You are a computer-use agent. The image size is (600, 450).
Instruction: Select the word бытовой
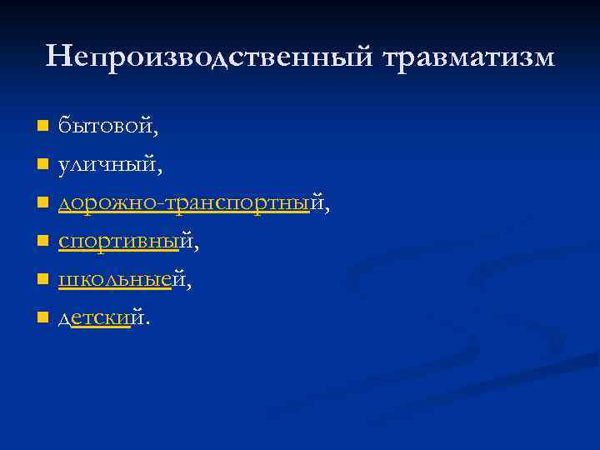(107, 127)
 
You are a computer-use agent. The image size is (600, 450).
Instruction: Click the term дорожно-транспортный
(193, 202)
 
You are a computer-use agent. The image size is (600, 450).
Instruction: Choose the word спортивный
(129, 242)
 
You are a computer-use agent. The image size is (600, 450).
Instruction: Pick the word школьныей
(124, 280)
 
